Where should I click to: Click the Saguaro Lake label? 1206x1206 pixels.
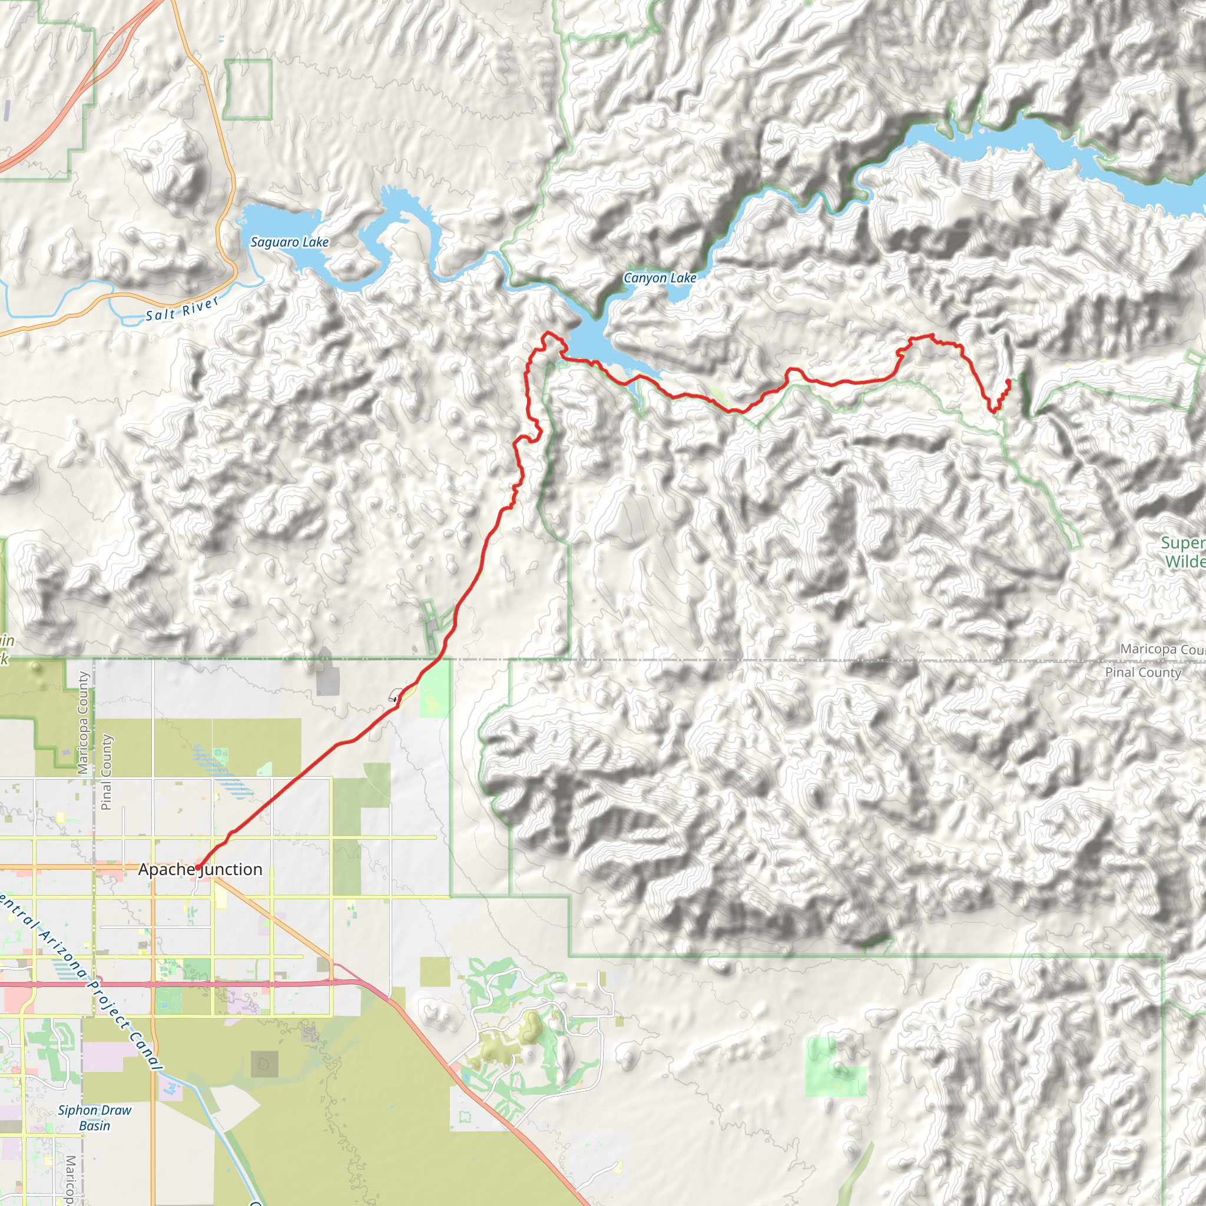coord(289,242)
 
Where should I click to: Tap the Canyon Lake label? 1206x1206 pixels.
coord(660,278)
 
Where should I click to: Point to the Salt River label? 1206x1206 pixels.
coord(183,309)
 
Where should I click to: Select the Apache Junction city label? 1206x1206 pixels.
coord(200,869)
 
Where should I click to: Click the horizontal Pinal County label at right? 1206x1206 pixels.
coord(1143,672)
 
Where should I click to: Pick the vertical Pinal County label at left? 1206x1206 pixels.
coord(106,771)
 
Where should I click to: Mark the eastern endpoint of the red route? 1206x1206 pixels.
coord(1009,382)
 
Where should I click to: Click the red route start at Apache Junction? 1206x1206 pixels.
coord(198,867)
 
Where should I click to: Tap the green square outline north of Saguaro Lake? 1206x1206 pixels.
coord(248,90)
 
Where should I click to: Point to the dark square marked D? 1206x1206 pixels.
coord(264,1063)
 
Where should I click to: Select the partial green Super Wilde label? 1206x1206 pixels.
coord(1182,552)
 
